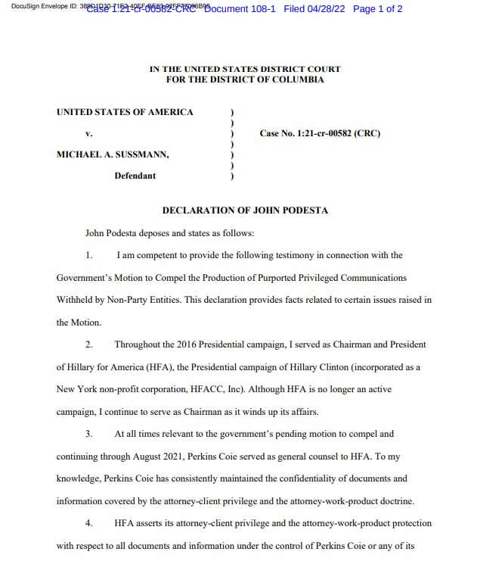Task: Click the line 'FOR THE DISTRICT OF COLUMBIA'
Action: coord(245,79)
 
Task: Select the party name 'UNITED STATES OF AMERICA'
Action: coord(125,112)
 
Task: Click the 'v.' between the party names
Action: coord(88,133)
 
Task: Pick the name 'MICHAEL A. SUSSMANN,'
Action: coord(113,154)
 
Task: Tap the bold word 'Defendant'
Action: coord(135,176)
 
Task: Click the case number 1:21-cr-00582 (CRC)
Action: coord(320,133)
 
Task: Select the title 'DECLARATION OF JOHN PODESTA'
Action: coord(245,210)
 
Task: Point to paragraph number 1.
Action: coord(88,255)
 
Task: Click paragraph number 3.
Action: coord(88,434)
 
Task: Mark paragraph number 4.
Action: coord(88,523)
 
